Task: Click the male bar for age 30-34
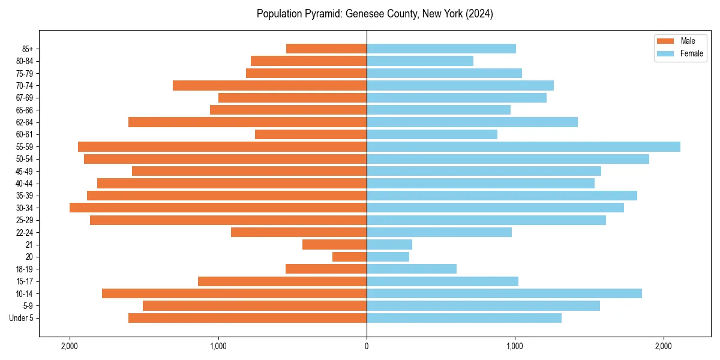(x=218, y=208)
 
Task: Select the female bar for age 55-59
(x=523, y=146)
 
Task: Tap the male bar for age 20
(x=349, y=257)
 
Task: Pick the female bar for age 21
(x=389, y=245)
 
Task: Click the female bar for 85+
(x=441, y=49)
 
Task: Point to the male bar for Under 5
(x=247, y=318)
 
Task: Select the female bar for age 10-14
(x=504, y=293)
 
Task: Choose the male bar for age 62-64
(x=247, y=122)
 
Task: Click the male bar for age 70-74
(x=269, y=86)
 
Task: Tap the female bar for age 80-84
(x=420, y=61)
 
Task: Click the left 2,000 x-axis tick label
(x=70, y=347)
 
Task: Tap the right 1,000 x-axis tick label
(x=515, y=347)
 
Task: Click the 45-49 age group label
(x=23, y=171)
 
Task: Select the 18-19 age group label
(x=23, y=269)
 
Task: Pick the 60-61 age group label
(x=23, y=134)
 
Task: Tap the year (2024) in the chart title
(x=478, y=14)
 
